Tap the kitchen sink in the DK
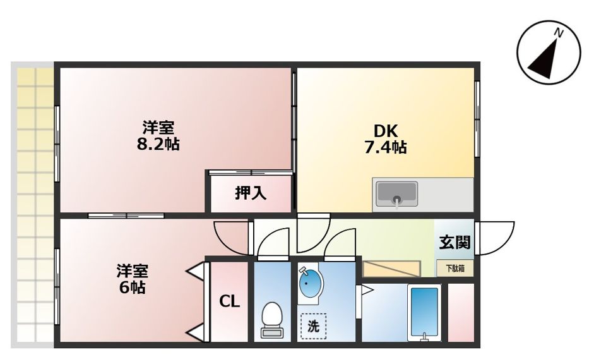396,194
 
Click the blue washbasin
309,285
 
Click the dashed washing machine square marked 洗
314,327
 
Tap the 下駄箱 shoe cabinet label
454,268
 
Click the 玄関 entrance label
454,242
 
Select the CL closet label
229,301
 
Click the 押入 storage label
251,193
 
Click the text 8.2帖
158,144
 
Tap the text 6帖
133,288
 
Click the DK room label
384,131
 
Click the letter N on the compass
558,32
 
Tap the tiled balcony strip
33,202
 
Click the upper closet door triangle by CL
196,272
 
